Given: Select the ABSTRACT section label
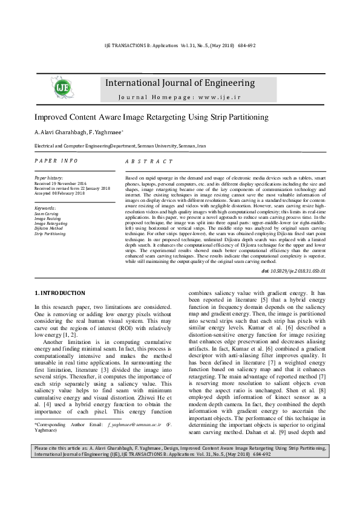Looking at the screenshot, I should [149, 162].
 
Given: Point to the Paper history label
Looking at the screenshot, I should [48, 178].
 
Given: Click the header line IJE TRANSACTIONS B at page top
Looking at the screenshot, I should [180, 45].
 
